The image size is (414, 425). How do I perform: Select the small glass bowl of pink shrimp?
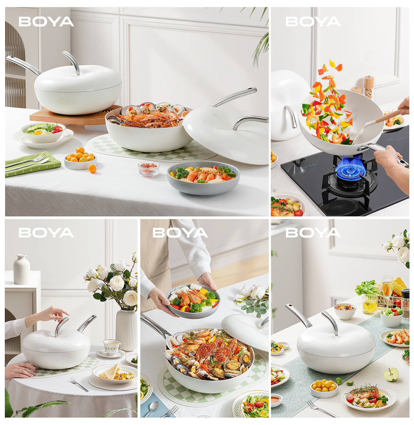tap(149, 168)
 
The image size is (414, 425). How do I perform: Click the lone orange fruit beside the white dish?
tap(92, 169)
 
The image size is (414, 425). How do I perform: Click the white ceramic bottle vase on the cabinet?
tap(22, 269)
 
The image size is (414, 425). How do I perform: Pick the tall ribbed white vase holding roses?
tap(126, 330)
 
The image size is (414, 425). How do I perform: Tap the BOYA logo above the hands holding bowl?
tap(180, 233)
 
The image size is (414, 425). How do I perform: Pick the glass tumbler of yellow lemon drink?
tap(370, 305)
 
